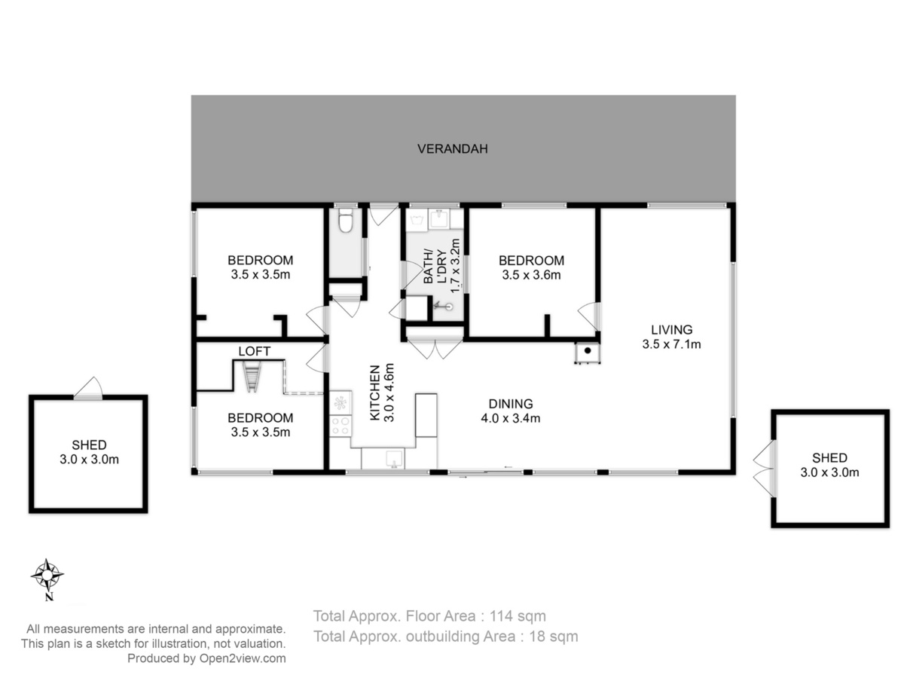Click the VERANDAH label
click(x=452, y=148)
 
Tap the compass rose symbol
click(x=47, y=574)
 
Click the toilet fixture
click(x=346, y=219)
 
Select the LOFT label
click(x=254, y=351)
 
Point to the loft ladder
click(x=251, y=376)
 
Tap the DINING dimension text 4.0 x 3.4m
click(x=510, y=418)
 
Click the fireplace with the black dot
click(x=588, y=353)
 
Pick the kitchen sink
click(x=394, y=459)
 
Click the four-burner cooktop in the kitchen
click(x=341, y=426)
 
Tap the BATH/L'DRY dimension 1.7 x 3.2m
click(x=455, y=265)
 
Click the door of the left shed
click(x=88, y=389)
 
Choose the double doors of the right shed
click(x=765, y=469)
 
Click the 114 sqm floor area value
click(x=518, y=616)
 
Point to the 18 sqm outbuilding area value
click(x=554, y=637)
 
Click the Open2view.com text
click(x=243, y=658)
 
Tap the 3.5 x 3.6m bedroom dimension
click(x=531, y=275)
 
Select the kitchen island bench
click(x=426, y=415)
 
